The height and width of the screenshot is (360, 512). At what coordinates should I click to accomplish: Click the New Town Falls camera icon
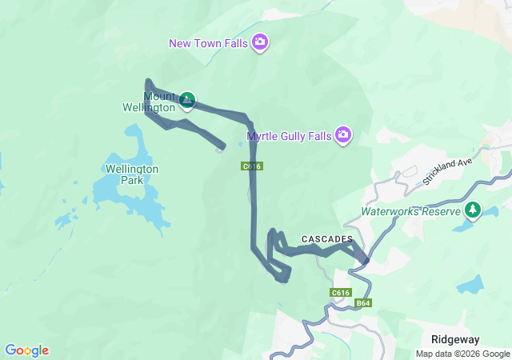[x=259, y=42]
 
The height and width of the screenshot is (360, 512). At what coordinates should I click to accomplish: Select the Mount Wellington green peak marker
[x=187, y=100]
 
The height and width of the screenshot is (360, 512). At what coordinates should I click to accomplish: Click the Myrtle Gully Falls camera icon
[x=343, y=134]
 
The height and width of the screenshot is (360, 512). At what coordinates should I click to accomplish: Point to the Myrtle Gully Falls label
[x=289, y=136]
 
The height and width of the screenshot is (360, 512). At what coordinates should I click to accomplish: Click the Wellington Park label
[x=132, y=174]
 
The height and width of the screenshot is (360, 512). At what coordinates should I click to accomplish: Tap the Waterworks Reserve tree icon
[x=474, y=210]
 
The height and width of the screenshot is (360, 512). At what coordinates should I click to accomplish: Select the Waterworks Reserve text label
[x=410, y=212]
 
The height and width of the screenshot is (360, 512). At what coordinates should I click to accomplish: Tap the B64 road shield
[x=364, y=302]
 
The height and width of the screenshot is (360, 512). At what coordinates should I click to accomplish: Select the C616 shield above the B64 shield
[x=341, y=293]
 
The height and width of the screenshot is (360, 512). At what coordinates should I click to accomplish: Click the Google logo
[x=26, y=350]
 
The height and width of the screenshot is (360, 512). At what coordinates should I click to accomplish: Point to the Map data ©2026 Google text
[x=462, y=354]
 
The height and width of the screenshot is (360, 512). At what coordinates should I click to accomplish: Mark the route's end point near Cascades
[x=366, y=260]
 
